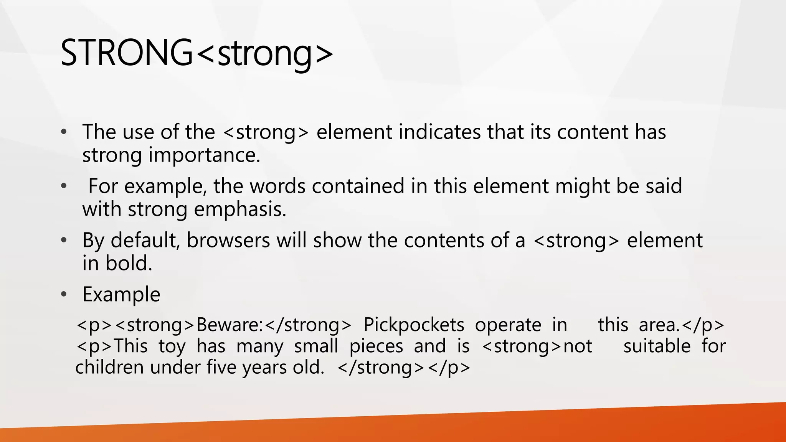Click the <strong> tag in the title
click(265, 53)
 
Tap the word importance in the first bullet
click(204, 155)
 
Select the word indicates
click(440, 132)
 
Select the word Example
click(121, 295)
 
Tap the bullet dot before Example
click(64, 295)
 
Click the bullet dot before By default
click(64, 241)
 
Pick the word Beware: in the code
click(230, 325)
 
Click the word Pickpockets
click(413, 325)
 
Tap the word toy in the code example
click(172, 346)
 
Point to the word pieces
click(376, 346)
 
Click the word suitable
click(657, 346)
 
